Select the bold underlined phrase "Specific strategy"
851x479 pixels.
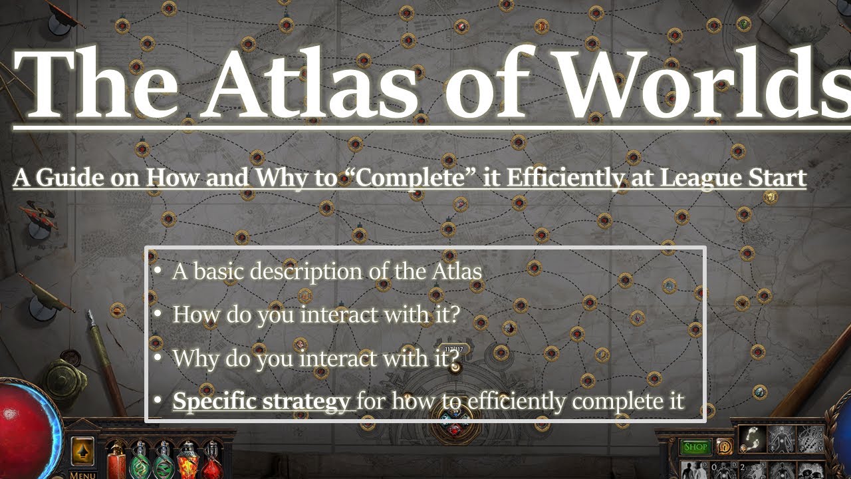pyautogui.click(x=261, y=402)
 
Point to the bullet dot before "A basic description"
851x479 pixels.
pyautogui.click(x=156, y=271)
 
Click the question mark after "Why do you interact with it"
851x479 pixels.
pyautogui.click(x=454, y=358)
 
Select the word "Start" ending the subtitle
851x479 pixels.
pyautogui.click(x=781, y=178)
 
